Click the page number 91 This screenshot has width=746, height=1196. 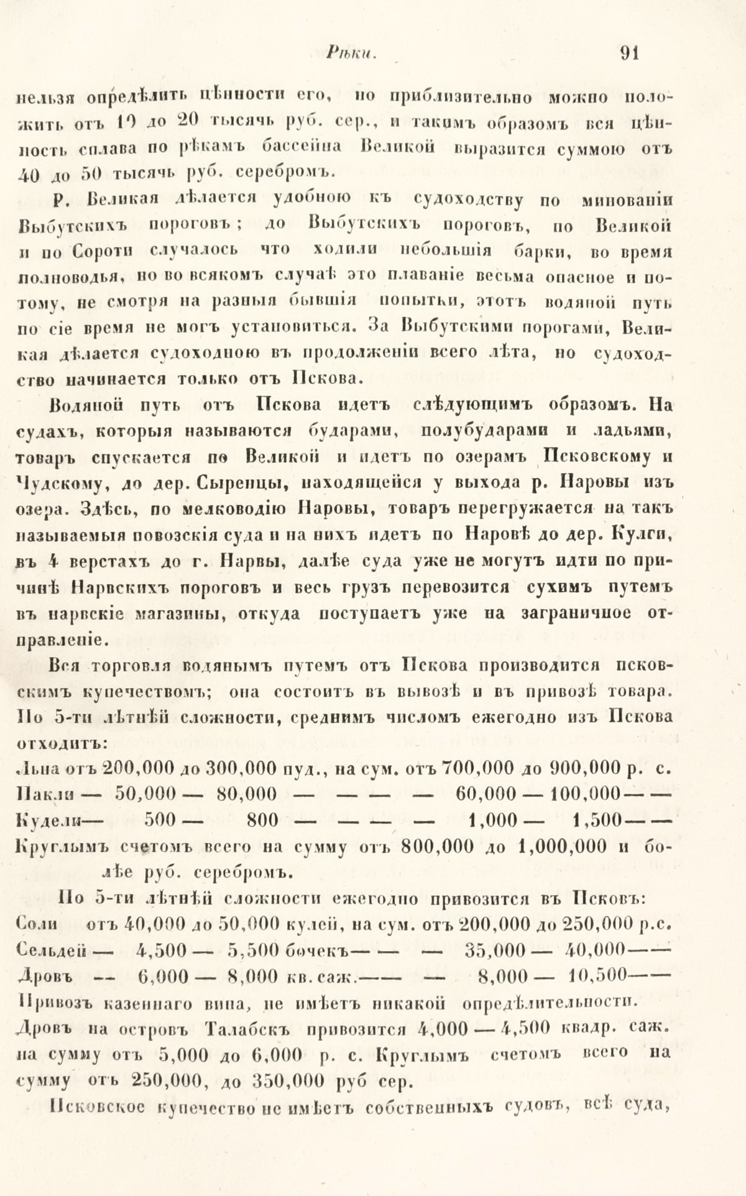(630, 53)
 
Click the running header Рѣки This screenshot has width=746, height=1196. (352, 55)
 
